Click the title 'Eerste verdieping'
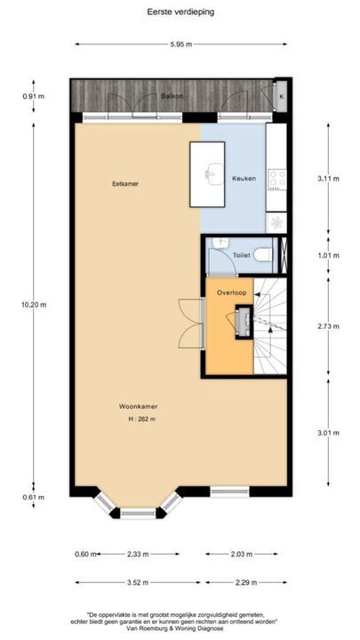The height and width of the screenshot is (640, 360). click(180, 13)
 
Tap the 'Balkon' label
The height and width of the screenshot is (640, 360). click(172, 95)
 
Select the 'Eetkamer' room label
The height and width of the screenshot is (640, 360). click(125, 184)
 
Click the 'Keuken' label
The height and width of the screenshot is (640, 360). click(244, 179)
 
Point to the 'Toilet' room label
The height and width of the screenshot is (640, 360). click(241, 254)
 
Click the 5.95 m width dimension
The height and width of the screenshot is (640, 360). click(180, 44)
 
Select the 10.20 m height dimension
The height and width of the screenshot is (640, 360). click(36, 303)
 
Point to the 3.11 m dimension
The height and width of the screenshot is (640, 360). click(328, 178)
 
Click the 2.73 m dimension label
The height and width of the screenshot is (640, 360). click(328, 326)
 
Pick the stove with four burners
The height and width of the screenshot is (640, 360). click(276, 179)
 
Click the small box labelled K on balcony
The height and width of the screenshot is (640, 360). click(282, 96)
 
